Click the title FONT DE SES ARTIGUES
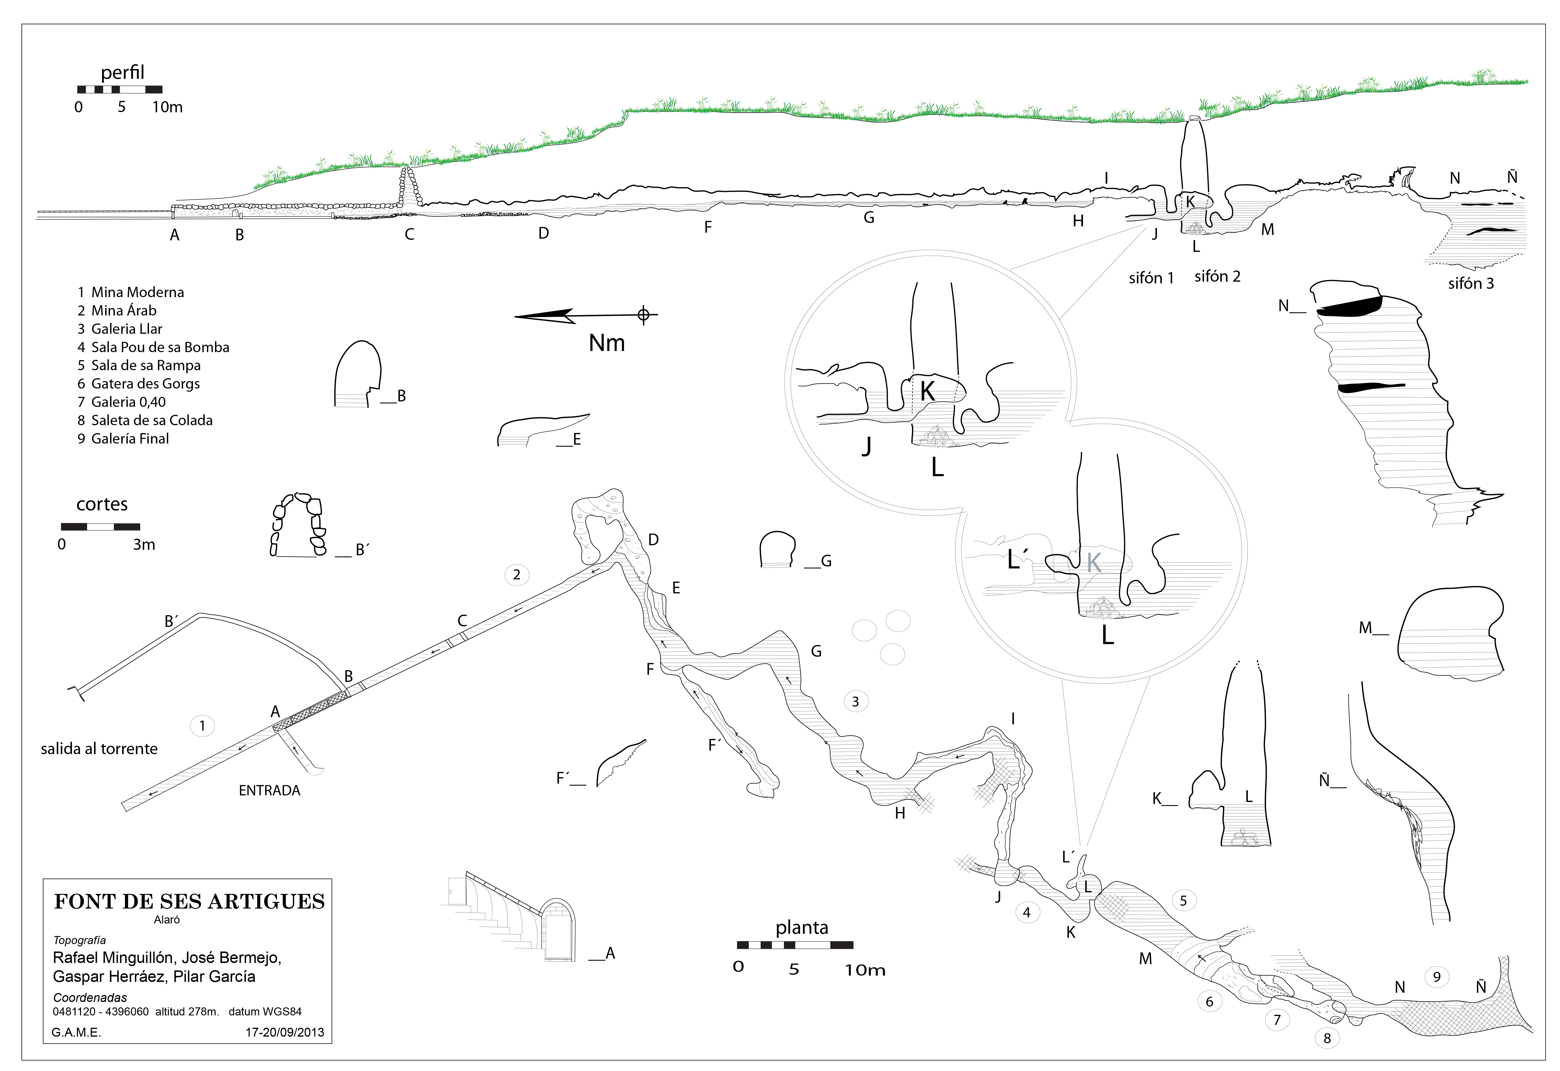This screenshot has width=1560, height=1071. [x=189, y=901]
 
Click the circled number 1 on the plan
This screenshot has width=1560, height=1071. [x=202, y=725]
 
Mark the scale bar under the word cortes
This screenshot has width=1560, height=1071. [x=101, y=527]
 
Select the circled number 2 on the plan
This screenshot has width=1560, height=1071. [x=516, y=574]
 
